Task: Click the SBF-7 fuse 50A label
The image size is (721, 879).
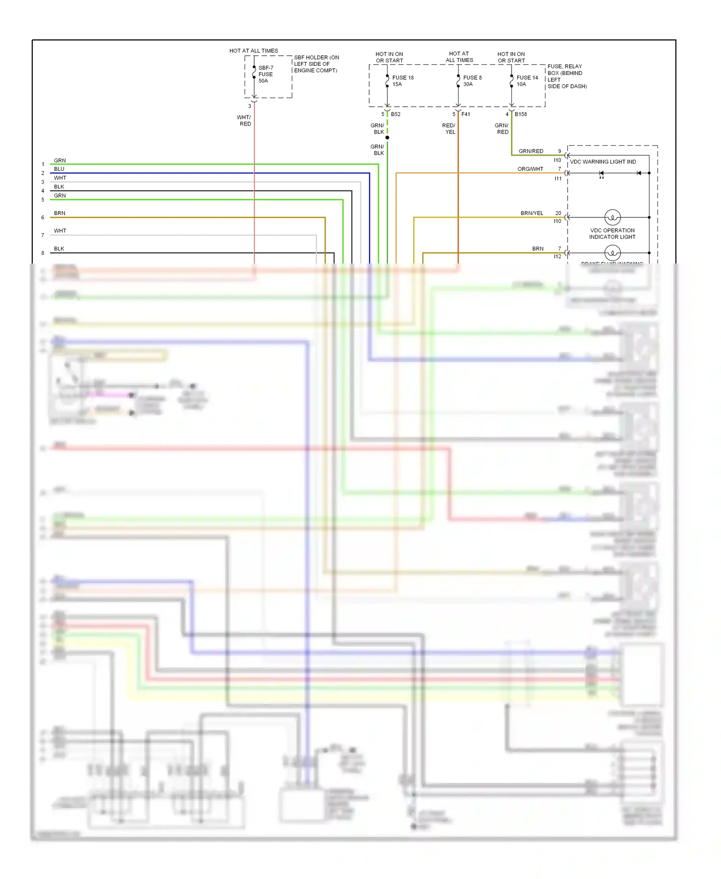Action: click(265, 75)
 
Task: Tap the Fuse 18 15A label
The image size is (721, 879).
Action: click(402, 81)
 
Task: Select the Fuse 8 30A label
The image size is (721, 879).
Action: click(472, 81)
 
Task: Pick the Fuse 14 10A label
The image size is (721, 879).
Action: click(527, 81)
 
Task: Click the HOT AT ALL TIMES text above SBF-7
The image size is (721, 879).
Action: click(253, 50)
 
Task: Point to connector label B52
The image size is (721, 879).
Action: click(396, 114)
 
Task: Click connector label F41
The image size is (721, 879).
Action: click(466, 114)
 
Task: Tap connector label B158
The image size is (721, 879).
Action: click(521, 114)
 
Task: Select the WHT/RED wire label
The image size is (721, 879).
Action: click(244, 121)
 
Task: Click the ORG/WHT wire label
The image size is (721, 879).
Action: click(530, 169)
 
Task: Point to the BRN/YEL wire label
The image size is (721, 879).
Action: click(532, 213)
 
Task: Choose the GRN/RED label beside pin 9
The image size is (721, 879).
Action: click(531, 151)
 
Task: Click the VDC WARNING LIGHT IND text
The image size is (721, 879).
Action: click(603, 162)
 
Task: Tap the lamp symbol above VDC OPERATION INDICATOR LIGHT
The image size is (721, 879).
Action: click(612, 217)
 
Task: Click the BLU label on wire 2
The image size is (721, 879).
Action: click(59, 169)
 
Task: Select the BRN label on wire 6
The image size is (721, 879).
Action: click(60, 213)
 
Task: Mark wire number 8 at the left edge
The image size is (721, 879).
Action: click(43, 253)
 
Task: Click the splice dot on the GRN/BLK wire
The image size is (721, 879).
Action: click(387, 138)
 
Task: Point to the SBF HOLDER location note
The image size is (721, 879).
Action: click(316, 64)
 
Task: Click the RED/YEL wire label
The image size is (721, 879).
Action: click(449, 128)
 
